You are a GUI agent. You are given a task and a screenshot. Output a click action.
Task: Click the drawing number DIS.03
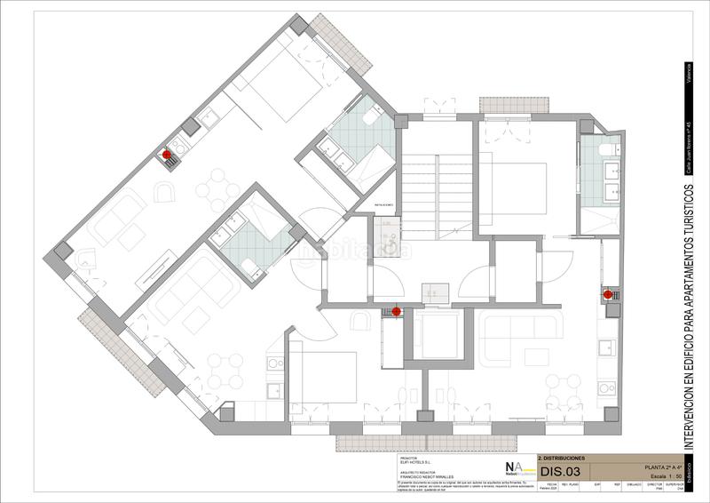click(x=560, y=472)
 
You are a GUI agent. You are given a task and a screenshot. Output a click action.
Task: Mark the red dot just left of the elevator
click(x=396, y=312)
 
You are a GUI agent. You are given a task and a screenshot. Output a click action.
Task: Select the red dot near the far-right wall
click(x=608, y=294)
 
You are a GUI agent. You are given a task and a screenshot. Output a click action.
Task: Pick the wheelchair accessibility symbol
click(x=387, y=251)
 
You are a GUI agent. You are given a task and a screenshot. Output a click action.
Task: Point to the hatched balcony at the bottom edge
click(x=426, y=441)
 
